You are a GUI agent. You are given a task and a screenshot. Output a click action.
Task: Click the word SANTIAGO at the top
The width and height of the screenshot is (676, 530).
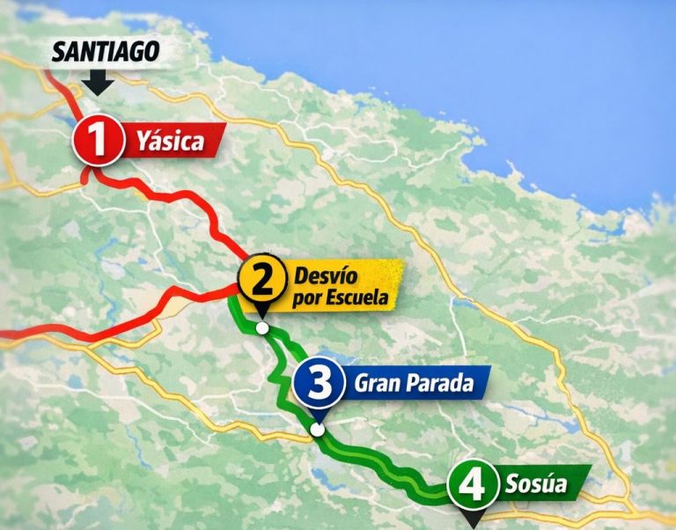106,52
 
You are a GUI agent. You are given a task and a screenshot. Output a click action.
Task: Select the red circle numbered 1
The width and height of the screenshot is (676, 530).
99,141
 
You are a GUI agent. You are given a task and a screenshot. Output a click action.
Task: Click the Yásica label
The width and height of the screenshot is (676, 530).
170,141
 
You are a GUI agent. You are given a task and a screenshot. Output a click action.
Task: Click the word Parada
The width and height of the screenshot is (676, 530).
438,384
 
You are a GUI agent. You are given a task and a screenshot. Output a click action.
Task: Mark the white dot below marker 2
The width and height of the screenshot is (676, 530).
261,328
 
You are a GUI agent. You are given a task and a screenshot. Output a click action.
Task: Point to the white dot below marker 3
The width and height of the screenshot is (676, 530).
317,431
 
